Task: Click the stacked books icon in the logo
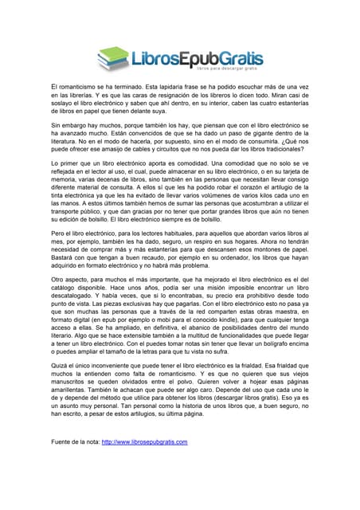pyautogui.click(x=113, y=57)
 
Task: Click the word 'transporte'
pyautogui.click(x=68, y=214)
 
